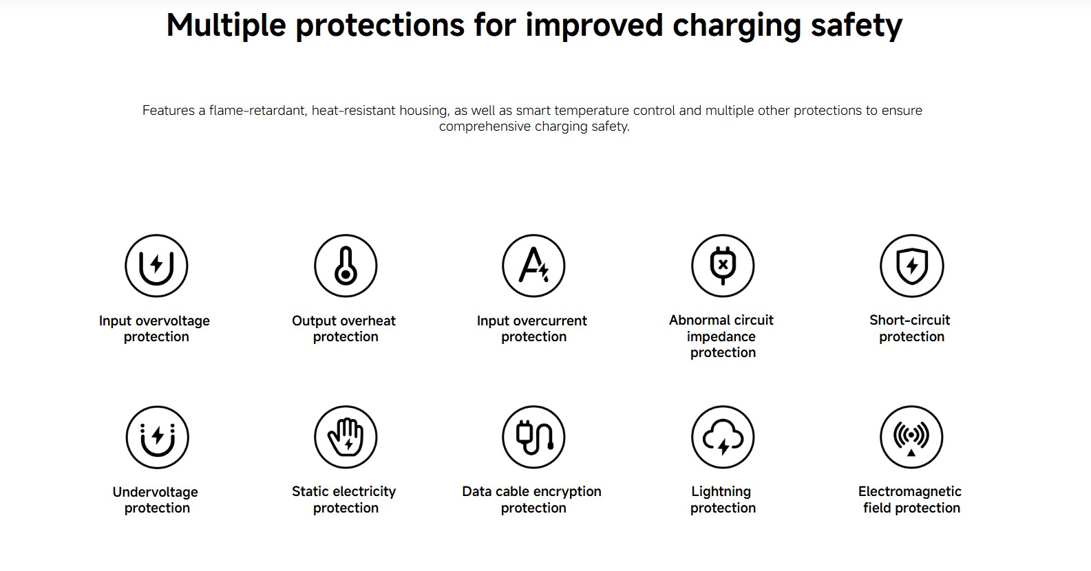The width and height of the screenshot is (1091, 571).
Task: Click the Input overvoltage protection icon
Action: (156, 266)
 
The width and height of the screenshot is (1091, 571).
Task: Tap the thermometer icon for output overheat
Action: (346, 266)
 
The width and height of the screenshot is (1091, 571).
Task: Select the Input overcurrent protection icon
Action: (534, 266)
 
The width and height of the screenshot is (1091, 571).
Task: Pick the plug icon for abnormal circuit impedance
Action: (723, 266)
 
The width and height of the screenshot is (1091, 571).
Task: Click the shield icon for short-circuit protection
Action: (912, 266)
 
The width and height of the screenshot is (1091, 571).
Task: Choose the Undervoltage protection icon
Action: (157, 437)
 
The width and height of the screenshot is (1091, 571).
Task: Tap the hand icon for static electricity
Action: (346, 437)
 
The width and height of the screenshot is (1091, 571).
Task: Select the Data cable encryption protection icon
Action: (534, 437)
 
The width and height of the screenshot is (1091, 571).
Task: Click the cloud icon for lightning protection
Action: (723, 437)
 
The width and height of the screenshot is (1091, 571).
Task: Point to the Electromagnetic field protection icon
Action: (912, 437)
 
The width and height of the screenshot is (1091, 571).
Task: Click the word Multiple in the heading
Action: (226, 25)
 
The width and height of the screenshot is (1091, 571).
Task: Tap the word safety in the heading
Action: (857, 25)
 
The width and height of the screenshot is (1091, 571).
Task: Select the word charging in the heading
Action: (737, 26)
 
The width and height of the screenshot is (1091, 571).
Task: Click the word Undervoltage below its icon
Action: (156, 492)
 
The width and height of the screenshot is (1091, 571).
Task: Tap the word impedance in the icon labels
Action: (721, 336)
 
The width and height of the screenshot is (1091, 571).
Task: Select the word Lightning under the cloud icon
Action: (721, 492)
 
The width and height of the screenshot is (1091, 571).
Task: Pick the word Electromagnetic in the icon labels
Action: (910, 492)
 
